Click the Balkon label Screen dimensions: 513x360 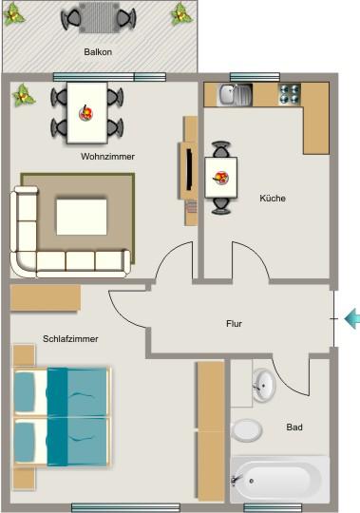98,52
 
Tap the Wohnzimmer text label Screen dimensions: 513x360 108,156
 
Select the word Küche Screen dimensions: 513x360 273,199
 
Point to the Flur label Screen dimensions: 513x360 234,324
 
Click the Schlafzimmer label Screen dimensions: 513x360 70,338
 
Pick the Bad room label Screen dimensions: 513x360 294,427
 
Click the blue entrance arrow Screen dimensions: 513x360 351,319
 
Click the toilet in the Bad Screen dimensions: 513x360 247,429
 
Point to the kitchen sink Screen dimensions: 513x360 232,94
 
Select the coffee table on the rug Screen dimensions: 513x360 82,216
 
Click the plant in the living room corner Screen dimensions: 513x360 24,95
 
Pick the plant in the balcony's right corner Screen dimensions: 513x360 180,14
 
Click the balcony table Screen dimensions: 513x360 95,17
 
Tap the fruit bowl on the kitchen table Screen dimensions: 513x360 221,176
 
